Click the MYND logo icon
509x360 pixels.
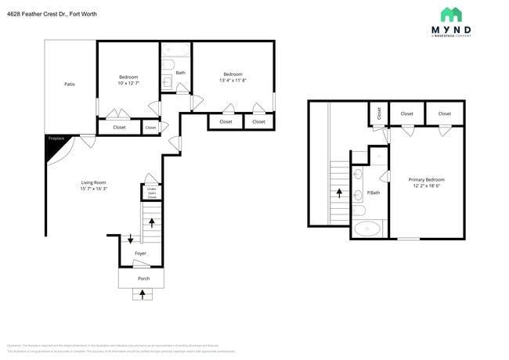(x=451, y=14)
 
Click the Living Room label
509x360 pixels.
(x=93, y=182)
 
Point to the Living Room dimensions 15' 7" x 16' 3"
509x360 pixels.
(x=93, y=189)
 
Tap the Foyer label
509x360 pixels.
(x=140, y=254)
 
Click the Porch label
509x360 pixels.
(x=143, y=278)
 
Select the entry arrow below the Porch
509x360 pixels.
(x=143, y=295)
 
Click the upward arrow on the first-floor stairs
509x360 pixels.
(x=150, y=223)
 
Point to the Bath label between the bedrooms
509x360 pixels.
(x=180, y=73)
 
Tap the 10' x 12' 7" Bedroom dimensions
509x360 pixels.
(x=128, y=83)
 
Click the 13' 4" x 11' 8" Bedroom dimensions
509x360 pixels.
(x=233, y=80)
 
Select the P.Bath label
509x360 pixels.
(x=373, y=193)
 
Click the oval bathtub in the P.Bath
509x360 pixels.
(x=367, y=229)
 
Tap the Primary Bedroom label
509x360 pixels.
(x=426, y=179)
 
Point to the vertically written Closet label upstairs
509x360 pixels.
(x=378, y=113)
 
